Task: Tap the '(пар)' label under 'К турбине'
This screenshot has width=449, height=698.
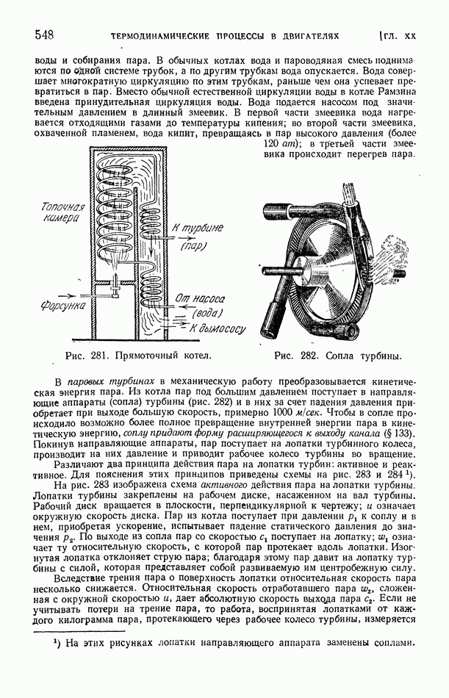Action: coord(194,247)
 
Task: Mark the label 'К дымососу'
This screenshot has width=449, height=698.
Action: coord(218,330)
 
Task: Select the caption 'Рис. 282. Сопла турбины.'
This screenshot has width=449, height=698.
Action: coord(337,356)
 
